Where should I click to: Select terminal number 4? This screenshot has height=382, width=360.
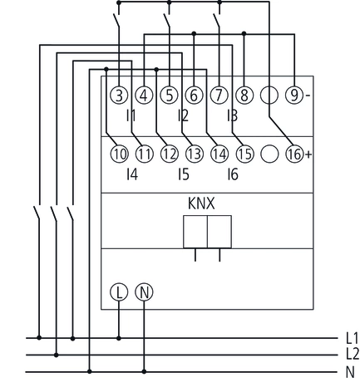click(x=144, y=95)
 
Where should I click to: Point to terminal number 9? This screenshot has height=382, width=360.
click(x=295, y=95)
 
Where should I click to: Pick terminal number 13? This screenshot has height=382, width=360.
click(x=195, y=154)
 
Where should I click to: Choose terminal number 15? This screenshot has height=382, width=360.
click(x=244, y=154)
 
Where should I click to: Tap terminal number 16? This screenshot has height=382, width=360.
click(x=294, y=154)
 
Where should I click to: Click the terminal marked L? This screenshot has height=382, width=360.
click(x=119, y=292)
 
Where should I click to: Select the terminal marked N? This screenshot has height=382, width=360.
click(x=144, y=292)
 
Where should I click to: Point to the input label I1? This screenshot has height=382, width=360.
click(x=131, y=116)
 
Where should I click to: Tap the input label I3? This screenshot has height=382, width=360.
click(x=232, y=116)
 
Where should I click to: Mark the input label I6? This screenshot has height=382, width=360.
click(x=232, y=175)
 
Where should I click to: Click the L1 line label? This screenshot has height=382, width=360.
click(x=350, y=339)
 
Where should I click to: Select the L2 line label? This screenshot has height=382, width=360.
click(x=350, y=355)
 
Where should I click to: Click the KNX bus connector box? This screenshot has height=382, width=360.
click(x=207, y=231)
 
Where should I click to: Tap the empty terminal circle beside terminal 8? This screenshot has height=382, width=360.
click(x=269, y=95)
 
